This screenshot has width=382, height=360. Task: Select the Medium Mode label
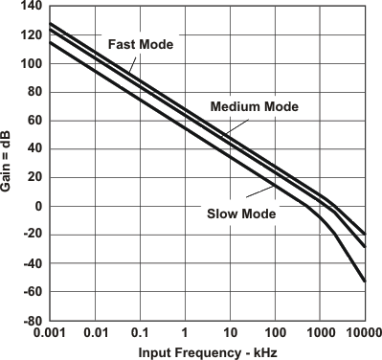[x=255, y=106]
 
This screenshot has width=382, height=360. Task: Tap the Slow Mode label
[x=241, y=214]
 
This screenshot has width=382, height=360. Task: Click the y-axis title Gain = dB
[x=9, y=164]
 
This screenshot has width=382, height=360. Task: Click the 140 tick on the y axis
[x=32, y=8]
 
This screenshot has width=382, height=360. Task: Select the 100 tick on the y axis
[x=32, y=64]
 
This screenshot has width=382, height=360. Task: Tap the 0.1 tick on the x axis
[x=140, y=332]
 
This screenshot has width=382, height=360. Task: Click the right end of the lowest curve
[x=365, y=281]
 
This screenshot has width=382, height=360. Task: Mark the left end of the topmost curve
[x=50, y=23]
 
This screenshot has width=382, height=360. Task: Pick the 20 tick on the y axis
[x=34, y=178]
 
